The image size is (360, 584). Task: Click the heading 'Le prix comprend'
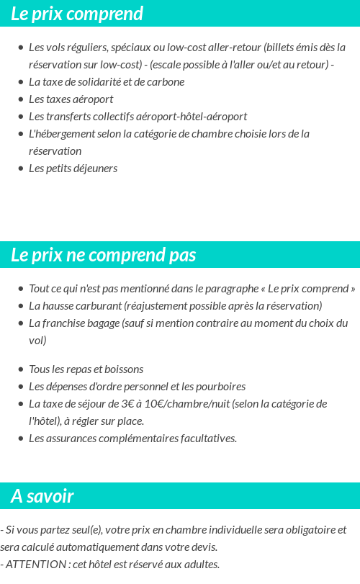pyautogui.click(x=77, y=14)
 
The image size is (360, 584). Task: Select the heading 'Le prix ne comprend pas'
pyautogui.click(x=103, y=256)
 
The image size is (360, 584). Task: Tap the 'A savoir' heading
pyautogui.click(x=42, y=496)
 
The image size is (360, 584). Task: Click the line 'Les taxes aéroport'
pyautogui.click(x=71, y=99)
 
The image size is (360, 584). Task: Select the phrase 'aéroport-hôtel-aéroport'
pyautogui.click(x=190, y=117)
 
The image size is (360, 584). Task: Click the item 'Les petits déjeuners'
pyautogui.click(x=73, y=169)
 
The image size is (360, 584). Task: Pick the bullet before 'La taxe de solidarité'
pyautogui.click(x=21, y=82)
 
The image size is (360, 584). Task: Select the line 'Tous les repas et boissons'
pyautogui.click(x=86, y=369)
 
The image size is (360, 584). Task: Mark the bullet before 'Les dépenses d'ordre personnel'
pyautogui.click(x=21, y=387)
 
